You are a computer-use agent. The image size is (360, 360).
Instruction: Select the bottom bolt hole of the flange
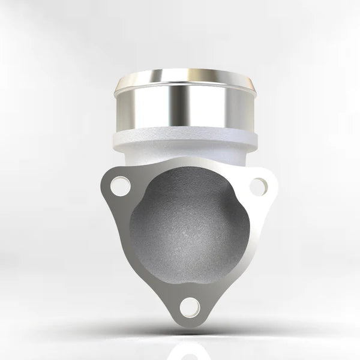[x=189, y=308]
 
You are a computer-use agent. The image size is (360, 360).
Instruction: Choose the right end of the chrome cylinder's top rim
[x=258, y=84]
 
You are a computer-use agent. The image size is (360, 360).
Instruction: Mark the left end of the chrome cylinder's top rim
[x=118, y=84]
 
